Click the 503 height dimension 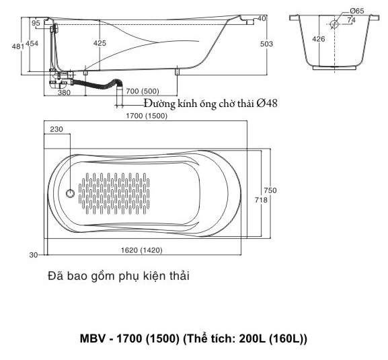click(267, 44)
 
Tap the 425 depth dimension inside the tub click(100, 44)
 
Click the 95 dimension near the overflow click(36, 23)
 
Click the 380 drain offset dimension click(64, 93)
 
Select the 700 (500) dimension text click(142, 91)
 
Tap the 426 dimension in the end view click(318, 39)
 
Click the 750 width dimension click(270, 190)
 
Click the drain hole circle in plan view click(71, 194)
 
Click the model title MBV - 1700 click(194, 338)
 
